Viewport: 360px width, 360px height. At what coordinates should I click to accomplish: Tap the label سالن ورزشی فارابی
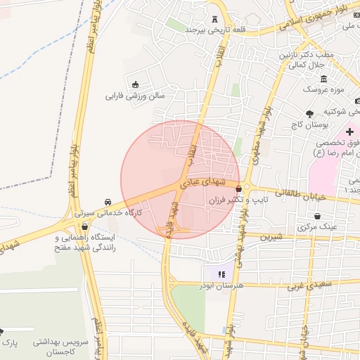(x=135, y=94)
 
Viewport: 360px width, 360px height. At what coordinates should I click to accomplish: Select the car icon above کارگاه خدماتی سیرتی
(x=107, y=201)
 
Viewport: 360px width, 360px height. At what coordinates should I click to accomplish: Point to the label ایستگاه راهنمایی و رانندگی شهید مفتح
(x=86, y=243)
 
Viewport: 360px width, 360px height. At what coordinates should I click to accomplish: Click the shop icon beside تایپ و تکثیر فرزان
(x=240, y=188)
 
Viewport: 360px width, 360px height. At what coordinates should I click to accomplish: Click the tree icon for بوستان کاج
(x=309, y=113)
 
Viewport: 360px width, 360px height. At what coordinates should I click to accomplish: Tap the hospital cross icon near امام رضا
(x=349, y=132)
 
